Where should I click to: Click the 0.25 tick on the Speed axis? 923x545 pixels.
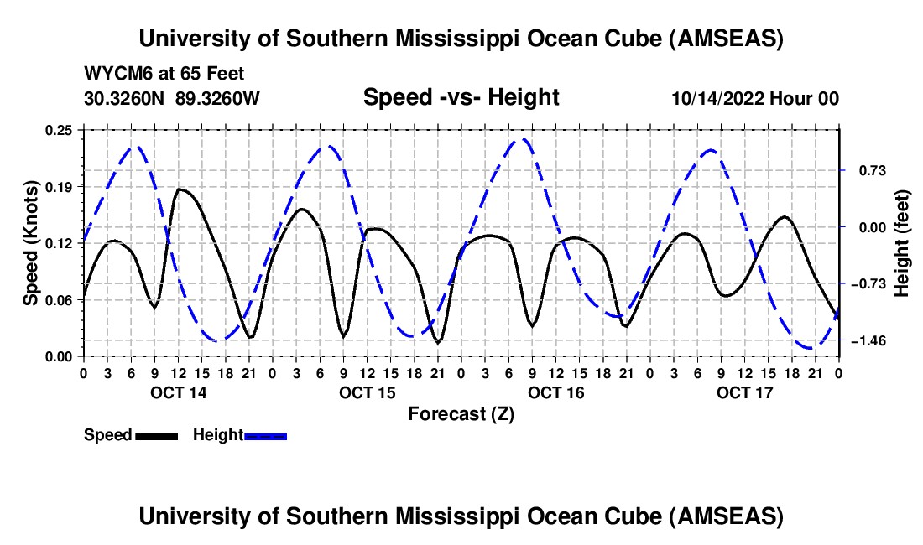[x=60, y=130]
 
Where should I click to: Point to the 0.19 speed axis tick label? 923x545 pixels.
[x=60, y=186]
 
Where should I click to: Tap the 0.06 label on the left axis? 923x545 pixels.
[x=60, y=300]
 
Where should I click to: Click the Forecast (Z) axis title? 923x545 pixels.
[x=461, y=413]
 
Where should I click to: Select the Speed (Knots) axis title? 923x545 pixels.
[x=31, y=243]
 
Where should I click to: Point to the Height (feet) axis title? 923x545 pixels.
[x=902, y=243]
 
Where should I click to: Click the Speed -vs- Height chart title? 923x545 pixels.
[x=461, y=98]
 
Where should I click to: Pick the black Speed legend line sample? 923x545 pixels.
[x=156, y=435]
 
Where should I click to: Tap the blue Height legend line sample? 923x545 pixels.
[x=265, y=435]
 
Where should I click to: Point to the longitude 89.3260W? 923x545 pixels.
[x=218, y=99]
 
